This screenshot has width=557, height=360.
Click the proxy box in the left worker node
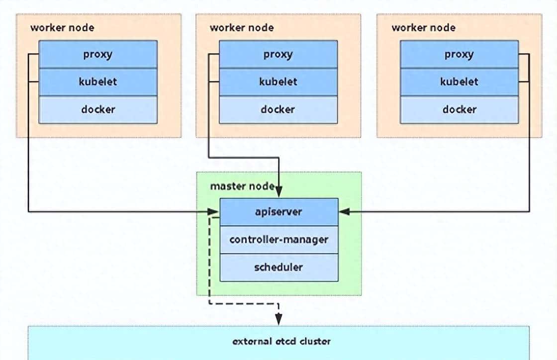tap(98, 54)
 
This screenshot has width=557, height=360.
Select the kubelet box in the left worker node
tap(98, 82)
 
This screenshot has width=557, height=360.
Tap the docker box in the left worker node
tap(98, 109)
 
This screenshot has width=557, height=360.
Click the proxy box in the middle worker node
tap(278, 54)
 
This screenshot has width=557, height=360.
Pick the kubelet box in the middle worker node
tap(278, 82)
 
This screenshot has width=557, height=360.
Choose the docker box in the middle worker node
tap(278, 109)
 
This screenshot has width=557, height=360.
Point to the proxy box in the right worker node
tap(459, 54)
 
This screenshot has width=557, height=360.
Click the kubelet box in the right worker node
tap(459, 82)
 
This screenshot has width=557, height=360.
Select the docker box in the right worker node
tap(459, 109)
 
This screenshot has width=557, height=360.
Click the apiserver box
tap(279, 212)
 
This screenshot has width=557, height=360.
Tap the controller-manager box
tap(279, 240)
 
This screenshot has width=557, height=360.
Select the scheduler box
tap(279, 268)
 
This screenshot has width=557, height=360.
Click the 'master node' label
tap(242, 186)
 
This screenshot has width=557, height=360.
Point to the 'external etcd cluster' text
tap(281, 342)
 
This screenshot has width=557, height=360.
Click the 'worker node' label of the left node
tap(62, 27)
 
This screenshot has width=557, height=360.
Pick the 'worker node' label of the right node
tap(423, 27)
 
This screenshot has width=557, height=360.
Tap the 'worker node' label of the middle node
tap(242, 27)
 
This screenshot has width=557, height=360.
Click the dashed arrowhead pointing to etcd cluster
tap(279, 320)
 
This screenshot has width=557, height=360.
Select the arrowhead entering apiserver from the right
tap(344, 212)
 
